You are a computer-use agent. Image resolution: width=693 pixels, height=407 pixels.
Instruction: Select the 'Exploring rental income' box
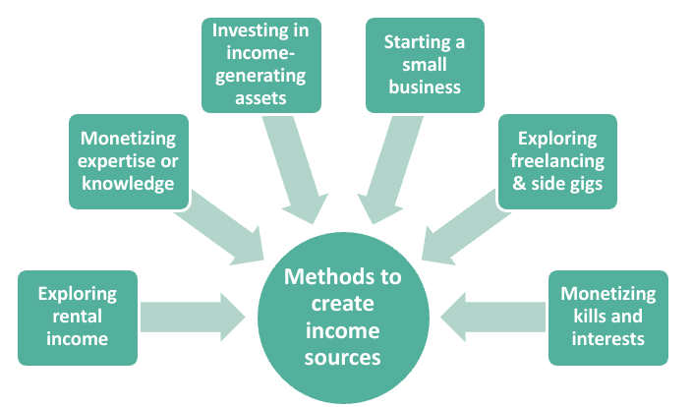tap(79, 317)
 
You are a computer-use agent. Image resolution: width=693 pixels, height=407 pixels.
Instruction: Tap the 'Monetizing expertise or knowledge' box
tap(129, 160)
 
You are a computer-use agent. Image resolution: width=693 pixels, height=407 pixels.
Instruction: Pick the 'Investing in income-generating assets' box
tap(260, 64)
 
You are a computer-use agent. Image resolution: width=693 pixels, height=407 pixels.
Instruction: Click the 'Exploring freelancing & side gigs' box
tap(557, 160)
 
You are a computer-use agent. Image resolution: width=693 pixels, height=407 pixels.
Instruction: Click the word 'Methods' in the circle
tap(343, 277)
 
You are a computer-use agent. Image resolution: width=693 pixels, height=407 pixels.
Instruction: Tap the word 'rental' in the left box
tap(79, 317)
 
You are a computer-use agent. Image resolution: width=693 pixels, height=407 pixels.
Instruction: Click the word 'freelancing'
tap(557, 160)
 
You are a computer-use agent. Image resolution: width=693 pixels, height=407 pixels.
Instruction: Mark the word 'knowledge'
tap(129, 183)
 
